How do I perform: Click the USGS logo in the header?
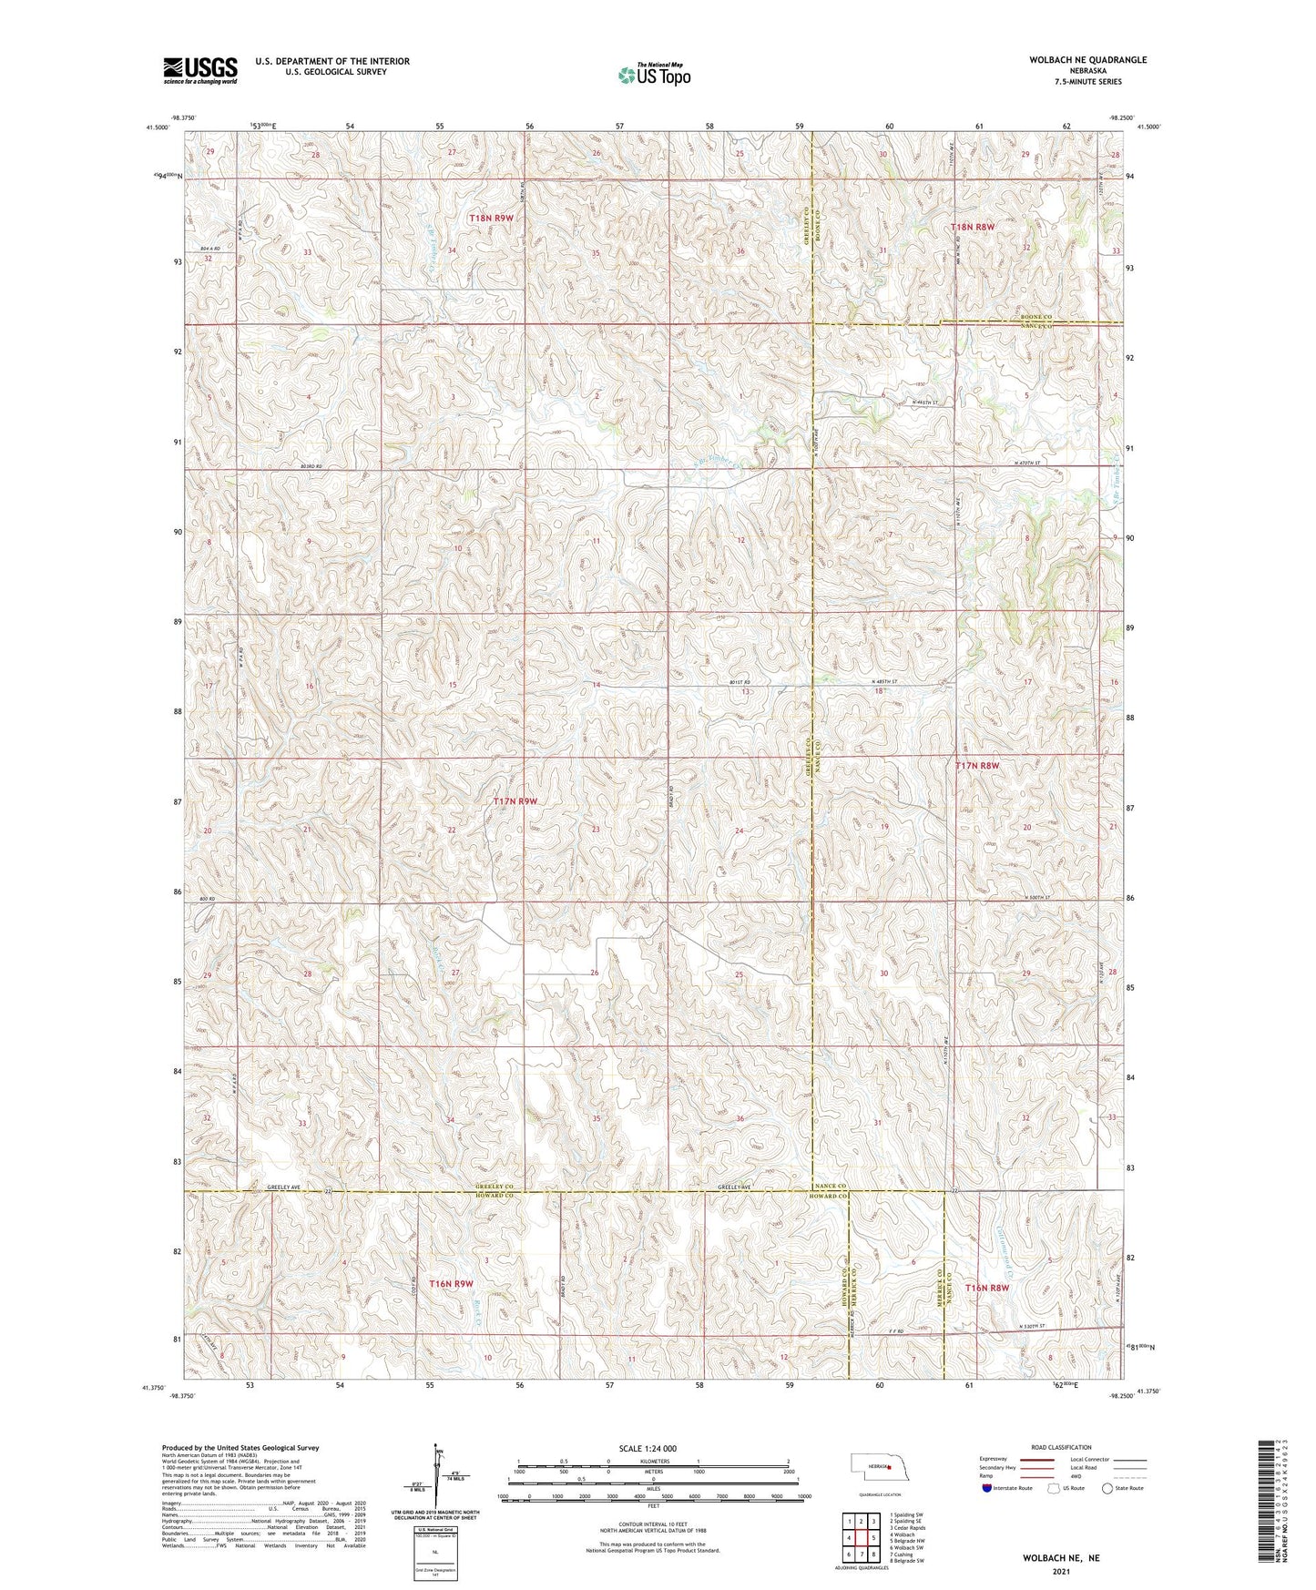pos(200,69)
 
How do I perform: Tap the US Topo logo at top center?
pos(653,74)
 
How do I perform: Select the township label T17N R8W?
pos(977,766)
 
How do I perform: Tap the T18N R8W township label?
pos(973,226)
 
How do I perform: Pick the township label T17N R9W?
pos(515,801)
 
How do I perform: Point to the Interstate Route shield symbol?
pos(987,1488)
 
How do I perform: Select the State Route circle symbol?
pos(1108,1488)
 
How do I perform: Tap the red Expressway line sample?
pos(1038,1458)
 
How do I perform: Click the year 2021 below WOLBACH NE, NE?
pos(1061,1572)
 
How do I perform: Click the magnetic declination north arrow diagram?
pos(438,1481)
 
